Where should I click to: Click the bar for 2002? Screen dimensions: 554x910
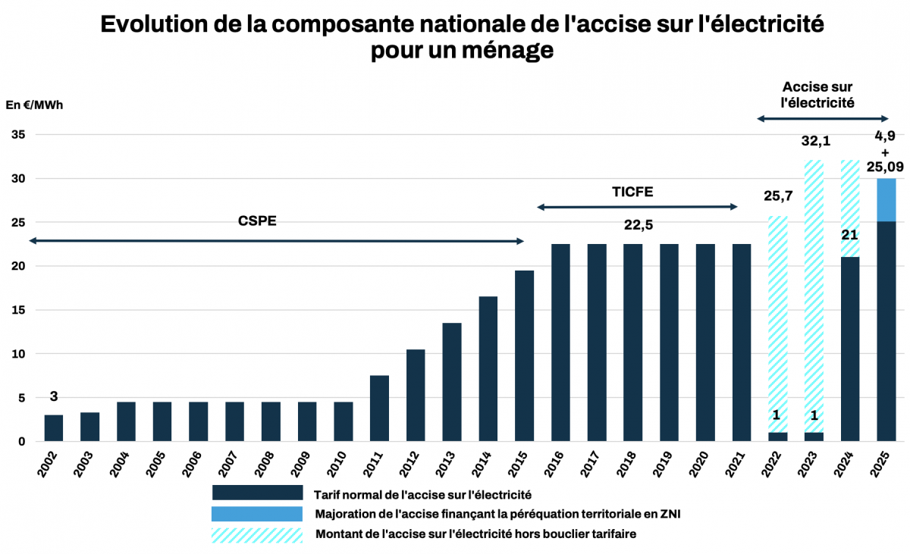coord(54,428)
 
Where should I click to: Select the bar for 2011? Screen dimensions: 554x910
coord(379,408)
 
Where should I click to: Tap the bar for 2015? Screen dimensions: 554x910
coord(524,356)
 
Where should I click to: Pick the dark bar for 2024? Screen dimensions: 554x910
coord(849,349)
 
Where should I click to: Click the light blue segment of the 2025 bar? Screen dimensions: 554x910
coord(886,201)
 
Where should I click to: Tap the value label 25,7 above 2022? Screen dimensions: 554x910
coord(777,197)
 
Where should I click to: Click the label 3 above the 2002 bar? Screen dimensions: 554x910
coord(54,396)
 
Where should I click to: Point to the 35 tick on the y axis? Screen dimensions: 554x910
coord(18,135)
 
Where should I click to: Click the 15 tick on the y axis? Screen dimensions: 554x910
coord(18,310)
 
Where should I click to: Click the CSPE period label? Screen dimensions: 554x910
coord(258,221)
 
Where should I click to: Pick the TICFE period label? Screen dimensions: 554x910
coord(632,192)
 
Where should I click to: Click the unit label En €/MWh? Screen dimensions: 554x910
coord(35,105)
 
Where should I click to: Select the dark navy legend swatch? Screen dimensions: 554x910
coord(257,493)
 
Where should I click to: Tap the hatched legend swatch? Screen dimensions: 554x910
coord(257,534)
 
